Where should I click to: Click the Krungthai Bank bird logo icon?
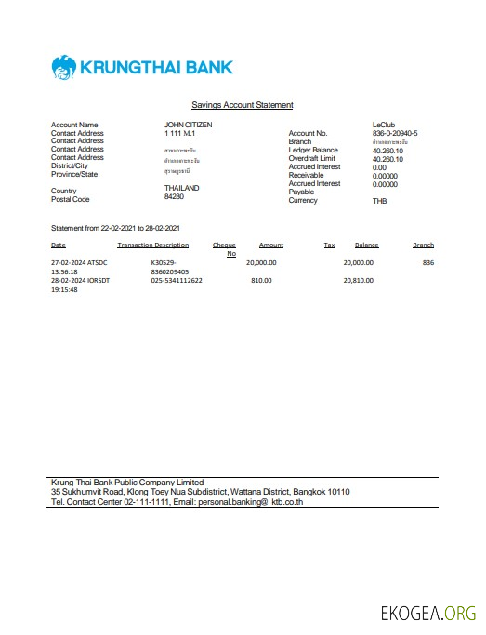coord(64,68)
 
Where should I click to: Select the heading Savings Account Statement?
coord(242,105)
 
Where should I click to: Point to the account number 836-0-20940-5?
coord(394,134)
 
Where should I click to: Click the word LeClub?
coord(384,125)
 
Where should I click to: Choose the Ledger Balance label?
coord(313,151)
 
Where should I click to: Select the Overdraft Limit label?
coord(313,159)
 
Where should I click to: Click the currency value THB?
coord(379,201)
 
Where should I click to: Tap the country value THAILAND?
coord(182,189)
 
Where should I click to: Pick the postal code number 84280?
coord(175,197)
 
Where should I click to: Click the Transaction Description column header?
coord(153,245)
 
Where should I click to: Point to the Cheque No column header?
coord(225,249)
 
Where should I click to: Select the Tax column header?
coord(329,245)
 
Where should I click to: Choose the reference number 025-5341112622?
coord(177,280)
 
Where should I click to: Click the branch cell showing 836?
coord(427,263)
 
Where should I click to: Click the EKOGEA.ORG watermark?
coord(428,614)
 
